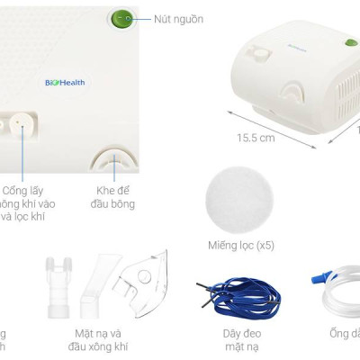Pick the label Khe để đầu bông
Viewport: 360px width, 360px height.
(x=116, y=197)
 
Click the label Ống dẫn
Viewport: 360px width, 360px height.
(x=344, y=335)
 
